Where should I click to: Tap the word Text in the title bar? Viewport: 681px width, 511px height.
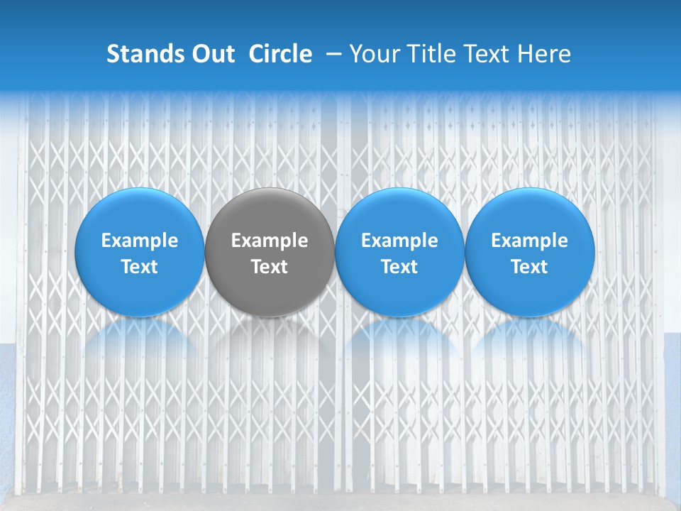(x=492, y=54)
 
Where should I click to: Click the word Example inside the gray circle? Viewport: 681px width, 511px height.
(x=270, y=241)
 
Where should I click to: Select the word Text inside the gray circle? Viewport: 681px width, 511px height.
(x=270, y=267)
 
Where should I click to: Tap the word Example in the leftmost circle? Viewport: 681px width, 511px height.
(x=140, y=241)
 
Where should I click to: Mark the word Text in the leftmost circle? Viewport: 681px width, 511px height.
(x=140, y=267)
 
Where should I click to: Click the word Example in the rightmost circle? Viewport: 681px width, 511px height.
(x=530, y=241)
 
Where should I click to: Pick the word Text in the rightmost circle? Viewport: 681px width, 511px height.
(x=530, y=267)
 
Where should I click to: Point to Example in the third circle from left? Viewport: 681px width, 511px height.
(x=399, y=241)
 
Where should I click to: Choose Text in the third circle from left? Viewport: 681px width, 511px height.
(x=399, y=267)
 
